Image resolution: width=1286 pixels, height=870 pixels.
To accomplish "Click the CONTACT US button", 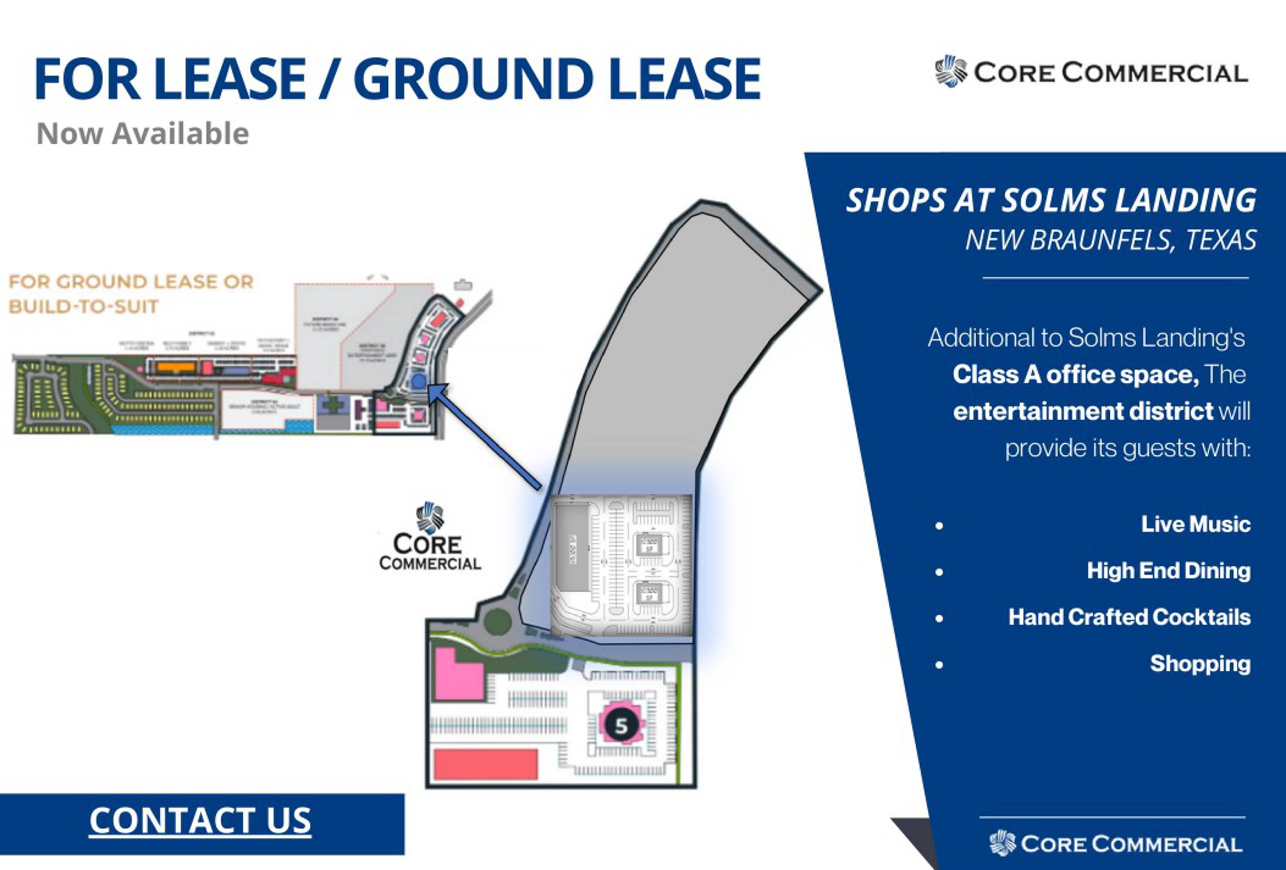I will (x=200, y=820).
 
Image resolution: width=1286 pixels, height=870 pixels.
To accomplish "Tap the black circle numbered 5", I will (x=621, y=726).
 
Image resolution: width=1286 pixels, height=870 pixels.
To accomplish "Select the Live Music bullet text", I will (x=1195, y=524).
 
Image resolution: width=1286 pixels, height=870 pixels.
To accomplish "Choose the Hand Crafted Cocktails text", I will (x=1129, y=617).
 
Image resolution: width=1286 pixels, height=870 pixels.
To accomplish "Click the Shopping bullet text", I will (x=1200, y=664).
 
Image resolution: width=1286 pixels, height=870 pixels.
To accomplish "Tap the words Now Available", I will (x=143, y=134).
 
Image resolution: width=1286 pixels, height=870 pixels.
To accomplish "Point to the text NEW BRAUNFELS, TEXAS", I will (x=1111, y=240).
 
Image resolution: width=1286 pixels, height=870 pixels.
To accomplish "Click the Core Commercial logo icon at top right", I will (x=951, y=72).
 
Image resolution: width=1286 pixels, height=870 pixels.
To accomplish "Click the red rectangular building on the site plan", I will (x=485, y=764).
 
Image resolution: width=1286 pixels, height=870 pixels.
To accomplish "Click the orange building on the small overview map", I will (x=176, y=367).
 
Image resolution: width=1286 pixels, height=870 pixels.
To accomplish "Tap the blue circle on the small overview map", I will (x=418, y=381).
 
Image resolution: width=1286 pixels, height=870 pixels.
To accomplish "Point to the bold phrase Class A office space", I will (x=1075, y=375).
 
